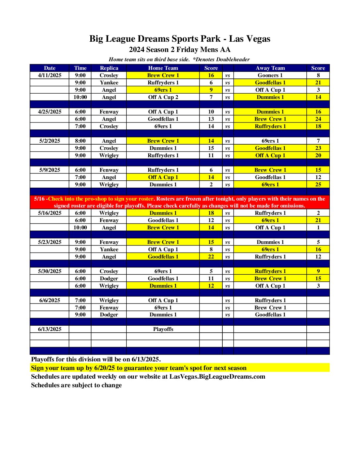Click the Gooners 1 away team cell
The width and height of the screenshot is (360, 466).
270,75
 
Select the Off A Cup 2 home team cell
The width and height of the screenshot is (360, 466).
163,97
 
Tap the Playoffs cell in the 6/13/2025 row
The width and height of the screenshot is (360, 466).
163,329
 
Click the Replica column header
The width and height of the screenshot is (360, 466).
109,68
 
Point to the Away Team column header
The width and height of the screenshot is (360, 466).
270,68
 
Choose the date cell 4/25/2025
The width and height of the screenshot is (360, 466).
50,112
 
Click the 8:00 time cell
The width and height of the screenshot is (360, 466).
80,141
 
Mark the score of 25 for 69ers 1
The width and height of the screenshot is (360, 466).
318,185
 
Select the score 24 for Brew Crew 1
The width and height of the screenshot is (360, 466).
318,119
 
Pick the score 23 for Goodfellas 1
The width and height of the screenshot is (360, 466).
318,148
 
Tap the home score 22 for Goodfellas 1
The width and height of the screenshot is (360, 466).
211,257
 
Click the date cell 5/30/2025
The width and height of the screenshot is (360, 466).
50,271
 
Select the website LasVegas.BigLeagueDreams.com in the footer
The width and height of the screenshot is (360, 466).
217,377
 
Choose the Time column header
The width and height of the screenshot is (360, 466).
80,68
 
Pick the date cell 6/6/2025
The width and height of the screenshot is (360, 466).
50,301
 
